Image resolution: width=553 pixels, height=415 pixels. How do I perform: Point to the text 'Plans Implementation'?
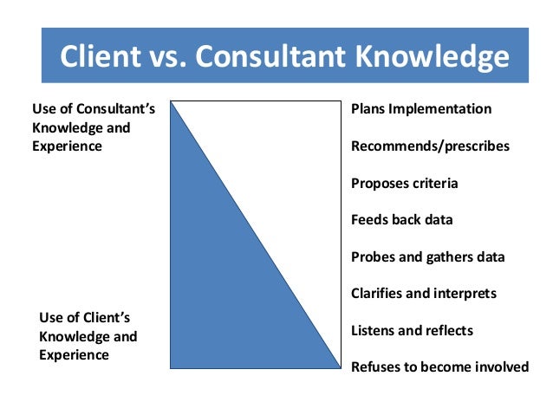[421, 109]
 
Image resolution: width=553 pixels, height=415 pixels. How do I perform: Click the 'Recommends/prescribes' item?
[430, 146]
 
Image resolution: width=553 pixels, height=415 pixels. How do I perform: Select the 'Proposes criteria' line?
[405, 183]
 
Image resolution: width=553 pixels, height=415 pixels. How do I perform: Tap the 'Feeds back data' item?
[402, 219]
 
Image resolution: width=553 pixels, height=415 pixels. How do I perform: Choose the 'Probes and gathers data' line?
[428, 256]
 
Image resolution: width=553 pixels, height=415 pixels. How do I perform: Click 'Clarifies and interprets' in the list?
[424, 293]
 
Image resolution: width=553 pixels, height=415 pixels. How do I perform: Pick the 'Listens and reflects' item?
[413, 330]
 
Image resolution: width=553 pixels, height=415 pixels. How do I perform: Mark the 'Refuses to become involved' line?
[439, 366]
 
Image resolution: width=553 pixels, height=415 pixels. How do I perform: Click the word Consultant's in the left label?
[114, 109]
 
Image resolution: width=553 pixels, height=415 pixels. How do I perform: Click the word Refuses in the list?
[375, 366]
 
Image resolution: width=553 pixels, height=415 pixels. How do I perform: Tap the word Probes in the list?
[373, 256]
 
